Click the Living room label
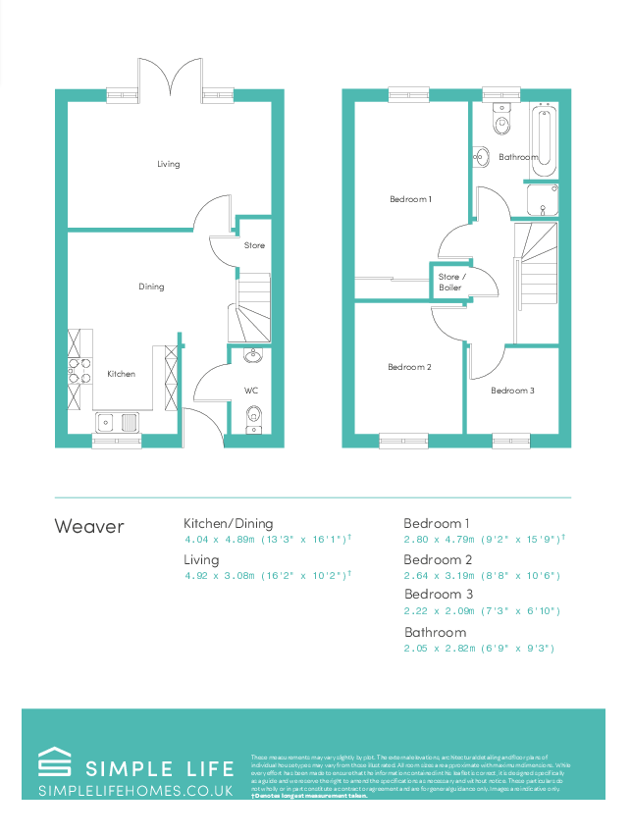coord(169,164)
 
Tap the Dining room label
coord(151,287)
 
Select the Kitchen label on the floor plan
coord(121,374)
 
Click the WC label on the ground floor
coord(251,391)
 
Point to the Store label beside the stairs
coord(254,245)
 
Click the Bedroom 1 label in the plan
coord(410,199)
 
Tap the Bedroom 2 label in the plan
coord(409,367)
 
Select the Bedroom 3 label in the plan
coord(512,391)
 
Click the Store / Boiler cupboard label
coord(450,283)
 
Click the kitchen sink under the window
coord(117,423)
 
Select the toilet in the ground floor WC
coord(253,417)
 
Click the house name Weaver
coord(89,527)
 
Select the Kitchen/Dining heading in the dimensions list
coord(229,523)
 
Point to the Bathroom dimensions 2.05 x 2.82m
coord(481,649)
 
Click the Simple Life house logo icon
coord(54,763)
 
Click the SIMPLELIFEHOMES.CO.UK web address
coord(135,791)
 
